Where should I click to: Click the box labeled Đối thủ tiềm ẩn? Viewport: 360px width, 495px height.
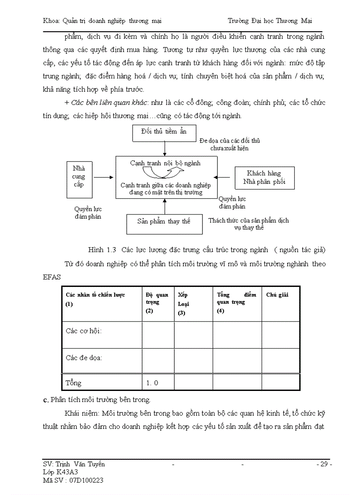[164, 132]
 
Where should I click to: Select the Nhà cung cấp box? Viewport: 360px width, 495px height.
[79, 177]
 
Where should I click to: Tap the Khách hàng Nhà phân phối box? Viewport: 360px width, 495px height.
[264, 178]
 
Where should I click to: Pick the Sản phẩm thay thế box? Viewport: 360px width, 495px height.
[164, 222]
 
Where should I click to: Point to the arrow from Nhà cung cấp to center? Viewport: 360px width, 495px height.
[104, 177]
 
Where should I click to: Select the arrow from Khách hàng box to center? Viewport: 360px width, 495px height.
[225, 177]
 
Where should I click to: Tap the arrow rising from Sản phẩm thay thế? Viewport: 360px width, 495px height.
[165, 206]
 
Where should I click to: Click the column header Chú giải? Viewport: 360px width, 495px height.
[277, 295]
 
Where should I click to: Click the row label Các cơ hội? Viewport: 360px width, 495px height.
[84, 331]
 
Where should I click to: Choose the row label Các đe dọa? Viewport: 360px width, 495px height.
[84, 357]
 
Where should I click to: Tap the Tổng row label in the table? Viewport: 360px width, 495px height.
[74, 383]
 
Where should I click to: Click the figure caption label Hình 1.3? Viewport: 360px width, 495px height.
[102, 250]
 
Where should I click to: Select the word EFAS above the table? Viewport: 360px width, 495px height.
[52, 277]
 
